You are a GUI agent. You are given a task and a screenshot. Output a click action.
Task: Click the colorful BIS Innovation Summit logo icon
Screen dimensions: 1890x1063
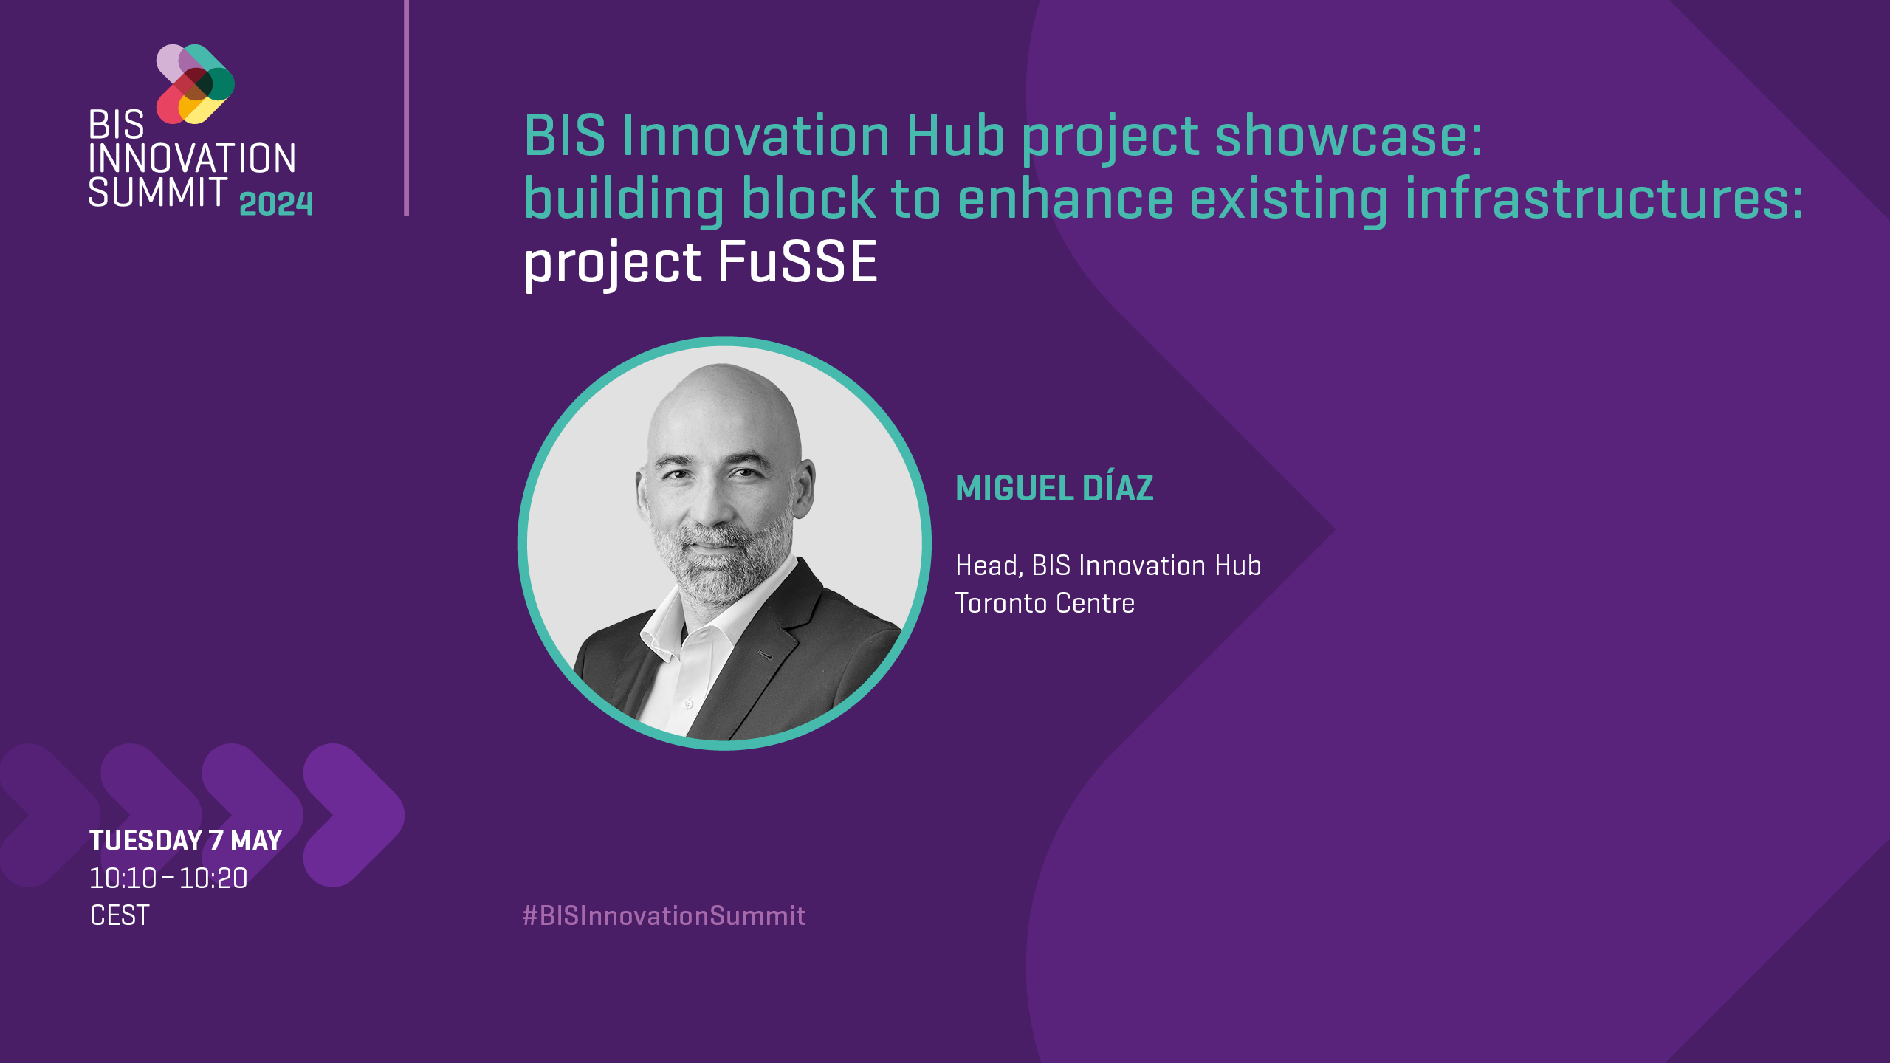(x=196, y=84)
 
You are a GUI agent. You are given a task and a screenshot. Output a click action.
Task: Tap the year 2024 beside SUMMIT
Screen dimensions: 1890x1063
(x=276, y=204)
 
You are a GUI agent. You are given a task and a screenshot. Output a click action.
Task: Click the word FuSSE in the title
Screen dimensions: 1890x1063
(x=797, y=262)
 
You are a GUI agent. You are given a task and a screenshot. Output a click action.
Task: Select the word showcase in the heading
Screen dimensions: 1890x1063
(x=1348, y=136)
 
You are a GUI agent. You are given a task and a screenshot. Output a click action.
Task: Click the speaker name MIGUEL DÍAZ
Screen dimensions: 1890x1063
(x=1054, y=488)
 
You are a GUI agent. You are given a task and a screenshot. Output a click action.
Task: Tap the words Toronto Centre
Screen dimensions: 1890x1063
(x=1045, y=603)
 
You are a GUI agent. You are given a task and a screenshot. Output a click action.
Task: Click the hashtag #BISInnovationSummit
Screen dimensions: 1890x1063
(x=664, y=916)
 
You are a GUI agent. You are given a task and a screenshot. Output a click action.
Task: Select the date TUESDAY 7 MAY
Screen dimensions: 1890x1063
(x=185, y=841)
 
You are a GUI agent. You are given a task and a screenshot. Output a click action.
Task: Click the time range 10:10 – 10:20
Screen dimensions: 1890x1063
(x=168, y=878)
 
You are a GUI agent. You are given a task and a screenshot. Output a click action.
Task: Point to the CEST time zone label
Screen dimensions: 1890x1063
(x=120, y=915)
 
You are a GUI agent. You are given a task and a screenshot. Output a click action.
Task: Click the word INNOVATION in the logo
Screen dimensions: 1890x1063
(x=193, y=159)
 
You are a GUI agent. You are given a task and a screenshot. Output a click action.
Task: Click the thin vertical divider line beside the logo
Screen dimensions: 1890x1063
(x=406, y=108)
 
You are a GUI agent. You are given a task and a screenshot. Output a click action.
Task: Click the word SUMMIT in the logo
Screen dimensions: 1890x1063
(x=158, y=192)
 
